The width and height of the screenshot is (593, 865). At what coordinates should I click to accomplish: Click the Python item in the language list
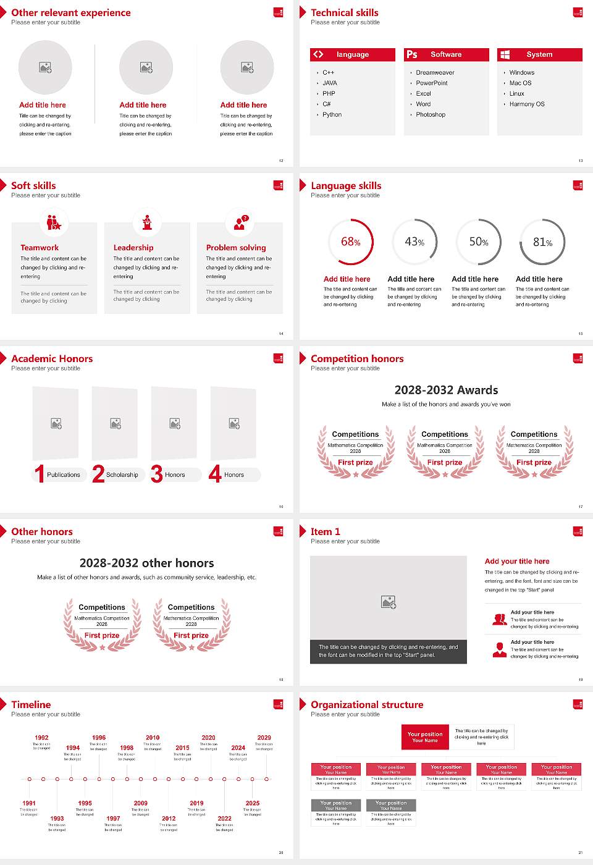(332, 115)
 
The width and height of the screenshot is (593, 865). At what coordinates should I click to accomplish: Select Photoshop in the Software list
(431, 115)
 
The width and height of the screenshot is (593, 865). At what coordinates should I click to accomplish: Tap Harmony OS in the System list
(527, 104)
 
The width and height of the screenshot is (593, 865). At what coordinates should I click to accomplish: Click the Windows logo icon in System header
(505, 54)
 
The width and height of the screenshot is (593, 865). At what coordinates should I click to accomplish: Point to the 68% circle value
(350, 242)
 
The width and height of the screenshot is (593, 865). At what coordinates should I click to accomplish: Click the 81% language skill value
(542, 242)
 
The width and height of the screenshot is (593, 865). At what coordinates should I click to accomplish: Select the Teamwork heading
(40, 248)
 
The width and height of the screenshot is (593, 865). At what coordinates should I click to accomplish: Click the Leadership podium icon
(147, 222)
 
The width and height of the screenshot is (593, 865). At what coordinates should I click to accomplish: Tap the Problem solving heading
(236, 248)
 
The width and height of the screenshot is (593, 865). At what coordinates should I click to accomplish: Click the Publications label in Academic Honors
(64, 475)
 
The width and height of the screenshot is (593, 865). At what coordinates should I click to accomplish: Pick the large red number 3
(157, 474)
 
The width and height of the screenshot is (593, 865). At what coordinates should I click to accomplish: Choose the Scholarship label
(122, 475)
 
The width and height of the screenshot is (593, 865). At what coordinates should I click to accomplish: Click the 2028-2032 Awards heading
(446, 390)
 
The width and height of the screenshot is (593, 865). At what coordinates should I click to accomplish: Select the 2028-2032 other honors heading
(146, 563)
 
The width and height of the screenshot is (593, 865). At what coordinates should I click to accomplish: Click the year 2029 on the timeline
(264, 738)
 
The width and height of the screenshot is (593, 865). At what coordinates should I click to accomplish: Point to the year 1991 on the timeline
(29, 804)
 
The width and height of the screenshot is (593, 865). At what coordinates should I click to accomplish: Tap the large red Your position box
(425, 737)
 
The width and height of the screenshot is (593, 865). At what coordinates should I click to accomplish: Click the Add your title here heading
(517, 562)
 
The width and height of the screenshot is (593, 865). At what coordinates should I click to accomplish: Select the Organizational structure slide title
(367, 705)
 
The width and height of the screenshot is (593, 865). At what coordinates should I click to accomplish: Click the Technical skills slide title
(345, 13)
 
